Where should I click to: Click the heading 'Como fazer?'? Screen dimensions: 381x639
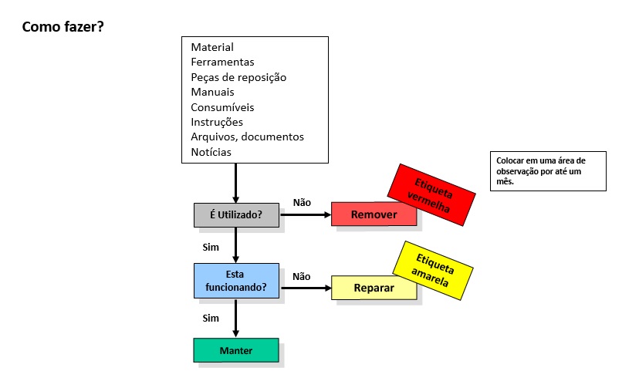coord(63,27)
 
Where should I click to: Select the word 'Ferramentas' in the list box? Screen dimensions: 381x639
coord(222,62)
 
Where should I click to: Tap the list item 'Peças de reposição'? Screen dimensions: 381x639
coord(238,77)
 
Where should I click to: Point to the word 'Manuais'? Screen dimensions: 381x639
coord(212,92)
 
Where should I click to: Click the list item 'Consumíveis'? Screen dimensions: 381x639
coord(222,107)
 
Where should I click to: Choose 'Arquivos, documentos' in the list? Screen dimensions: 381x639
coord(247,137)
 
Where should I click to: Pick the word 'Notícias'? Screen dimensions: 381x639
coord(211,152)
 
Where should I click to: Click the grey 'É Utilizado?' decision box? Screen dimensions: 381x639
coord(236,215)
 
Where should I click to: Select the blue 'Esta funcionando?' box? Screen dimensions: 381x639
coord(236,281)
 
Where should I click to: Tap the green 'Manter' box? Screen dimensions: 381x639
coord(235,350)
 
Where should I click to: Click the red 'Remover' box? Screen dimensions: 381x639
coord(374,214)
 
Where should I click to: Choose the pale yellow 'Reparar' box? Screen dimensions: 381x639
coord(374,288)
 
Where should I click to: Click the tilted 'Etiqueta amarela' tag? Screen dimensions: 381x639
coord(433,269)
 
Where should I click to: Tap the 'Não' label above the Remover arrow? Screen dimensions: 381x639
coord(302,202)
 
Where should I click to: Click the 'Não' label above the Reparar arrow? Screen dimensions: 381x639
coord(302,275)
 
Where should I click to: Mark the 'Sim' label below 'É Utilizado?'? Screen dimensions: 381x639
coord(211,248)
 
